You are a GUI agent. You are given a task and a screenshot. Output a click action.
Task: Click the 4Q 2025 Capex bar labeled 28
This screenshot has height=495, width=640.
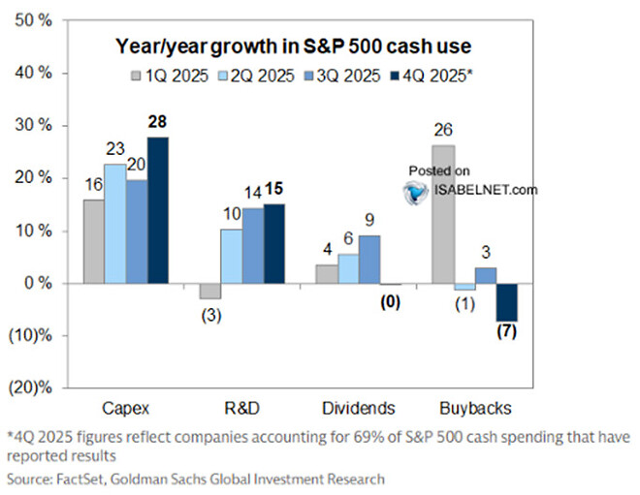[157, 210]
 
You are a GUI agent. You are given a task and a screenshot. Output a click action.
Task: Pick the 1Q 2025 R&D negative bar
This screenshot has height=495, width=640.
[209, 291]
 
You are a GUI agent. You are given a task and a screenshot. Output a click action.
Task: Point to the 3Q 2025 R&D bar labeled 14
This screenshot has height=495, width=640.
[253, 246]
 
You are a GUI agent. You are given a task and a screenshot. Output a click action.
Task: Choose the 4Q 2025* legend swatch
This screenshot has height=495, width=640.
[393, 75]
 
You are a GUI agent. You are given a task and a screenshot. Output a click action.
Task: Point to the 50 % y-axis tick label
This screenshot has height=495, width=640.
[32, 20]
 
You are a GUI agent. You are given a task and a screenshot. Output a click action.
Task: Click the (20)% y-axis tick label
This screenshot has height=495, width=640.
[31, 388]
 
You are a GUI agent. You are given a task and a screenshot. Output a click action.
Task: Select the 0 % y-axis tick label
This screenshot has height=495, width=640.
[36, 283]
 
